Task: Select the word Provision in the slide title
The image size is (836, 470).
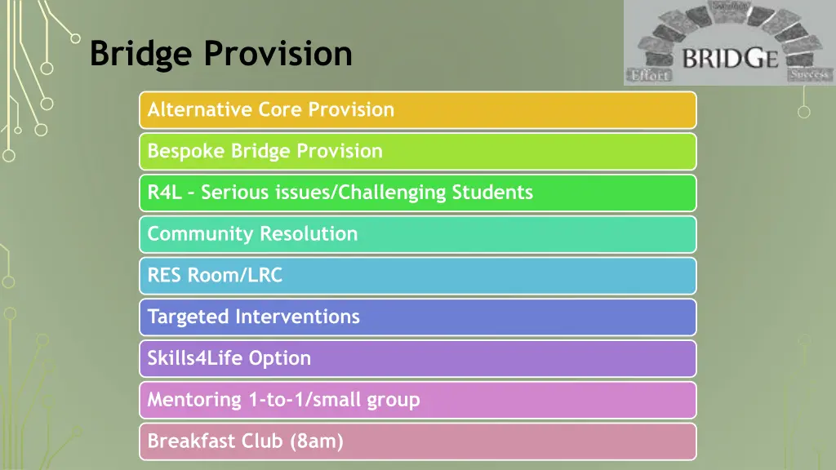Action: (278, 55)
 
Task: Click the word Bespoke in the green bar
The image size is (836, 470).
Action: (186, 151)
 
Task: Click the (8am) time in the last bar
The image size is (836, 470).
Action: (317, 441)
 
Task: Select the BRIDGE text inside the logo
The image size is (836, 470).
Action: (729, 59)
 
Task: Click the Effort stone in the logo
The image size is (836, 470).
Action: (649, 74)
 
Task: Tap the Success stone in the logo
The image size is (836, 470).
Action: (808, 74)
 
